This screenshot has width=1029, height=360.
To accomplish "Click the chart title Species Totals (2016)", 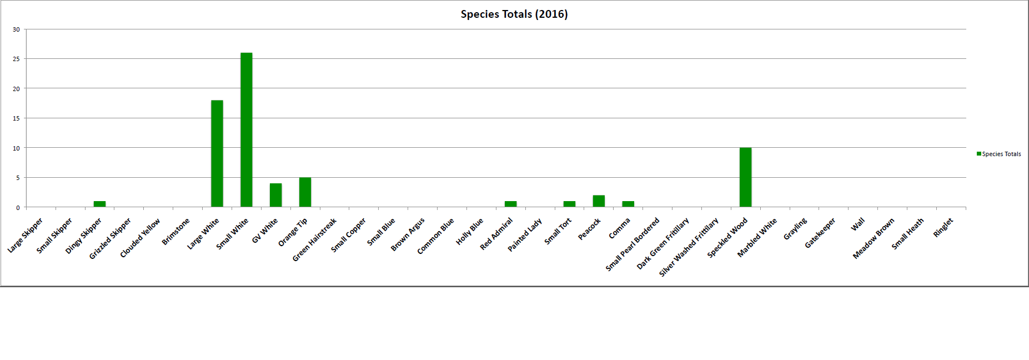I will point(514,14).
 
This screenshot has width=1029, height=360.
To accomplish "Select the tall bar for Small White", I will point(246,130).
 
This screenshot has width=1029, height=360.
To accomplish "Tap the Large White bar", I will point(217,154).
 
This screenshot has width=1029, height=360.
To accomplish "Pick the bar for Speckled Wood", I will point(745,178).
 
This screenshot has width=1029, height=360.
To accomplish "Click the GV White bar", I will point(275,195).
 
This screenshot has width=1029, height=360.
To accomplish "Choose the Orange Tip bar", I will point(305,192).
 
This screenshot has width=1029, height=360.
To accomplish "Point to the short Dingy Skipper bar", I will point(99,204).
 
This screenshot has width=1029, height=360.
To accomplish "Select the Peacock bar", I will point(599,201).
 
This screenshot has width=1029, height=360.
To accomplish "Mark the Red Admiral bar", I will point(510,204).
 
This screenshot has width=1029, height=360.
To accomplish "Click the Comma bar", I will point(628,204).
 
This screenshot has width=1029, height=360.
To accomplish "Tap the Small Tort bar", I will point(569,204).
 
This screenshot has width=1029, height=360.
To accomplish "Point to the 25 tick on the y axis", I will point(17,59).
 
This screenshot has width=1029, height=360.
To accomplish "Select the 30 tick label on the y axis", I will point(17,29).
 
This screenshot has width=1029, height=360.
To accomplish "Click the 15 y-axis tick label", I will point(17,118).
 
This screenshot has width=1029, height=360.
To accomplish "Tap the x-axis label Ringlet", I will point(943,228).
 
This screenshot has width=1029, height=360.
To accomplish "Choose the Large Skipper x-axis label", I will point(26,236).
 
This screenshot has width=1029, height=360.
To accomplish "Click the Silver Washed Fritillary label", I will point(689,247).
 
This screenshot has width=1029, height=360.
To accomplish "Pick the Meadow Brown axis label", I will point(874,238).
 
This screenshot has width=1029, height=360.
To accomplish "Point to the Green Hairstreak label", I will point(314,239).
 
